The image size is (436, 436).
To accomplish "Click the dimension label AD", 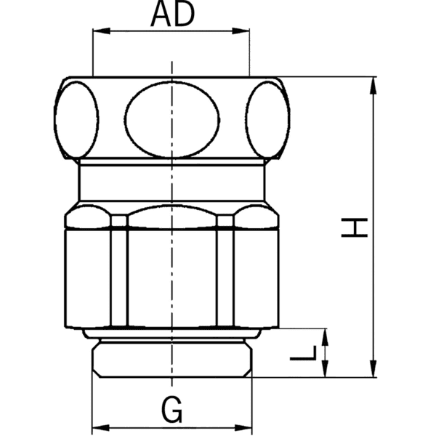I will [172, 15].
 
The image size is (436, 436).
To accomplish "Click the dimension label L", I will [309, 353].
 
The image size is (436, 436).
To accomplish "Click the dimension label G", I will [172, 411].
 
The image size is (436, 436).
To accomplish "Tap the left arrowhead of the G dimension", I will [97, 428].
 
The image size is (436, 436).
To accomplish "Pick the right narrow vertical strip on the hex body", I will [225, 272].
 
